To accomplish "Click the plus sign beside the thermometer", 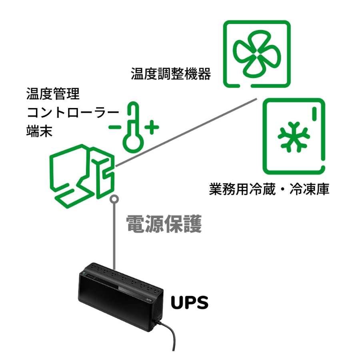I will coord(152,128).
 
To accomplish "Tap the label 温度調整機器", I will coord(171,74).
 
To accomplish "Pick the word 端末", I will coord(39,132).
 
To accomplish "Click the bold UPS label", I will coord(190,303).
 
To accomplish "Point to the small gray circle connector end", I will coord(115,198).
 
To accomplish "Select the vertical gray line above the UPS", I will coord(115,236).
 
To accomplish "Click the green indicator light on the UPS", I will coord(85,275).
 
